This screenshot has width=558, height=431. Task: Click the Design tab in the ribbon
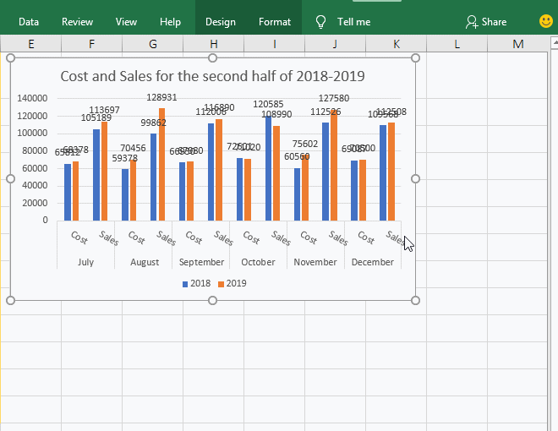point(220,22)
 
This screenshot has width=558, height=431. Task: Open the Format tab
point(275,22)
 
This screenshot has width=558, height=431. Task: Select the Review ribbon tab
point(77,22)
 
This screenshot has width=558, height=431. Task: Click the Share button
point(486,22)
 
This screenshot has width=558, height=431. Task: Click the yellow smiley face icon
point(545,21)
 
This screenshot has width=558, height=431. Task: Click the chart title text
point(212,76)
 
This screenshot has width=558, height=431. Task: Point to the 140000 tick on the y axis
point(32,98)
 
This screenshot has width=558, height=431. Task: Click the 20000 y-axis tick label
point(35,203)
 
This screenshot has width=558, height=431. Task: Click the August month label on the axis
point(145,262)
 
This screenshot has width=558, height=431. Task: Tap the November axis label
point(315,262)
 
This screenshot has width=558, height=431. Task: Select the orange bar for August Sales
point(161,164)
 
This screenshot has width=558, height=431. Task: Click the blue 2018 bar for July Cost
point(68,192)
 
